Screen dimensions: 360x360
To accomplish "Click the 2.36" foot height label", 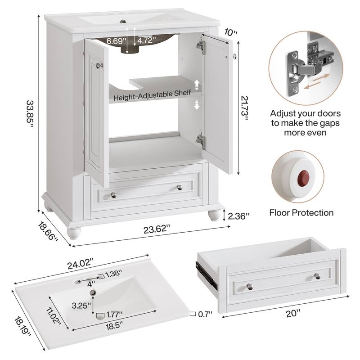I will click(x=239, y=216).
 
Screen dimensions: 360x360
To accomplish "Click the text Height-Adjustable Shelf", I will click(x=152, y=97).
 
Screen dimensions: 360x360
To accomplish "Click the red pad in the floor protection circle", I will click(x=300, y=174).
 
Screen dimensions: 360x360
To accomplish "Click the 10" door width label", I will click(x=230, y=32).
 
